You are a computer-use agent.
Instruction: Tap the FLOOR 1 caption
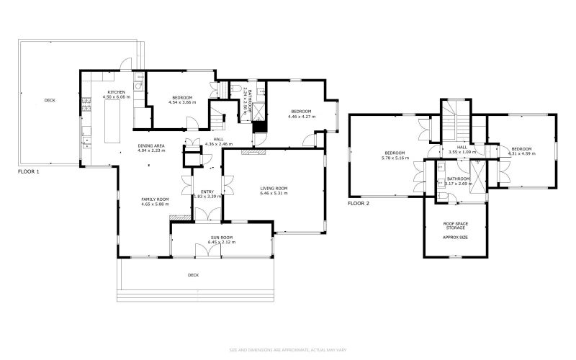click(29, 173)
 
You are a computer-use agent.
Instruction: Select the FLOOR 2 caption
click(358, 204)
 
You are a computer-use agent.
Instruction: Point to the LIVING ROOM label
click(274, 189)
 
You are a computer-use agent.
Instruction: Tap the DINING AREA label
click(151, 145)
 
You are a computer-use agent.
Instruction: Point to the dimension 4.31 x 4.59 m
click(522, 153)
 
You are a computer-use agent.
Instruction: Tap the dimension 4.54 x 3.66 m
click(182, 102)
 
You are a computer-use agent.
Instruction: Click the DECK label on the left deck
click(49, 100)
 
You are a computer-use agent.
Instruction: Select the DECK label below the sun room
click(193, 275)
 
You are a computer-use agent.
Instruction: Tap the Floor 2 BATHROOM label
click(458, 179)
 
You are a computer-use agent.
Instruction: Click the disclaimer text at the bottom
click(288, 350)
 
